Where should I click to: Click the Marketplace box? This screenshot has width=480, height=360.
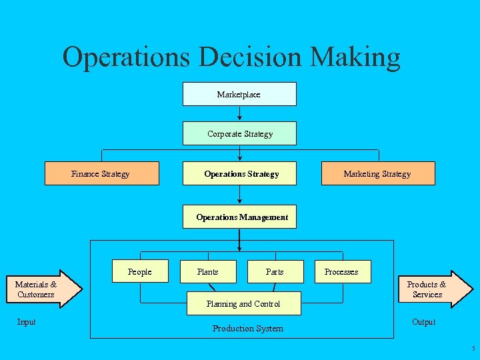tap(239, 94)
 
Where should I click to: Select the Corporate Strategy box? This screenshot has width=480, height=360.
tap(239, 133)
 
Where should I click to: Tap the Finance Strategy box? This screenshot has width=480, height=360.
tap(101, 173)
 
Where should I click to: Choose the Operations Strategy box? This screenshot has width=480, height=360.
tap(241, 173)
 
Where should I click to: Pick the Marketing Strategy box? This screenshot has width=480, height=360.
tap(377, 173)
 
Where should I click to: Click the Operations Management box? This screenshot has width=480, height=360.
tap(241, 217)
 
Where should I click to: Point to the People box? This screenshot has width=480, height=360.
tap(140, 271)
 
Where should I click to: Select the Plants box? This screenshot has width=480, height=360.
tap(208, 271)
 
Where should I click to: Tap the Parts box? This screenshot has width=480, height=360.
tap(275, 271)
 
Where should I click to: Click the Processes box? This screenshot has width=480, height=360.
tap(341, 271)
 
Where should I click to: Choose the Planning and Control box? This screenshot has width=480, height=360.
tap(243, 303)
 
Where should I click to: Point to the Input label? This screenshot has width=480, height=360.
tap(27, 322)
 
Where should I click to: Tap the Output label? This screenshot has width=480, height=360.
tap(424, 322)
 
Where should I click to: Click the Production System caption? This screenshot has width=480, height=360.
tap(247, 328)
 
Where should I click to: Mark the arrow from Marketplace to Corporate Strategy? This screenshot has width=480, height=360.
tap(240, 113)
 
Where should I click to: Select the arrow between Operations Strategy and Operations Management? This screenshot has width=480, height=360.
tap(240, 195)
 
